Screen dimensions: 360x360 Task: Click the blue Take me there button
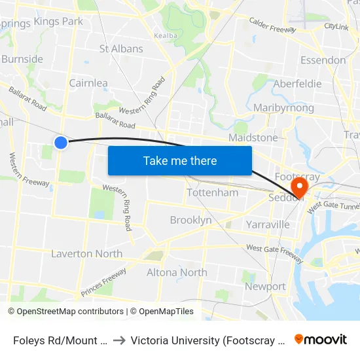[180, 160]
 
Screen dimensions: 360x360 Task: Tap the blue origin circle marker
[61, 142]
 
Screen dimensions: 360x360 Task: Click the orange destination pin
[298, 188]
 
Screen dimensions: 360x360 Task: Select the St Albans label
[121, 49]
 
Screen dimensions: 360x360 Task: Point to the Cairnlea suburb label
[88, 83]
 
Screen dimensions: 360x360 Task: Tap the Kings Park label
[58, 22]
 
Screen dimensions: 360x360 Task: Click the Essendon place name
[323, 60]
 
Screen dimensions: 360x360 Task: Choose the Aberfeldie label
[297, 84]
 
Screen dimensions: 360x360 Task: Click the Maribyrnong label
[283, 108]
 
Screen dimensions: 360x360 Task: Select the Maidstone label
[253, 138]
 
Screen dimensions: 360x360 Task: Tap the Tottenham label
[213, 193]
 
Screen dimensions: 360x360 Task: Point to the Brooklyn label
[190, 220]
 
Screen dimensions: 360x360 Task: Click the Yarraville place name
[268, 225]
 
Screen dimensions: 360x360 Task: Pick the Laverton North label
[86, 254]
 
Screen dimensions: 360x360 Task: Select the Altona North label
[177, 272]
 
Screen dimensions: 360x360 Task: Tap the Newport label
[265, 287]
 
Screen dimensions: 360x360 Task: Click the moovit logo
[321, 340]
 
